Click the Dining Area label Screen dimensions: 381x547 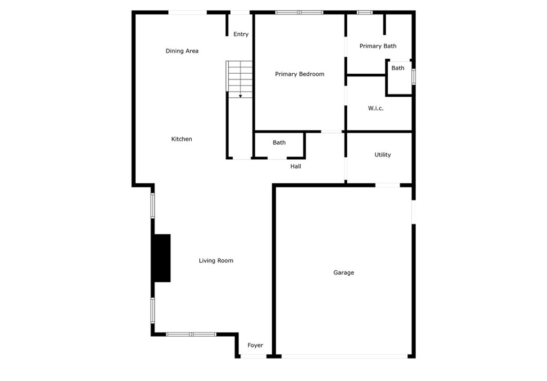pos(182,51)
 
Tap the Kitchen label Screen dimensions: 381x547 pos(182,139)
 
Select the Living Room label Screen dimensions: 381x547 pos(216,261)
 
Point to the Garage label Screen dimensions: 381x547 pos(343,273)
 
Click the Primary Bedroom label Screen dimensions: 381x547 pos(299,74)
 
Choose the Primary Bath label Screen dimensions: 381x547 pos(378,46)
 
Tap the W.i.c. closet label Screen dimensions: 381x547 pos(376,108)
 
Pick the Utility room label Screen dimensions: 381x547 pos(382,155)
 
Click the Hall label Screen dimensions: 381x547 pos(295,167)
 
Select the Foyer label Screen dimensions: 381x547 pos(255,346)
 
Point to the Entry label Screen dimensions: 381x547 pos(241,34)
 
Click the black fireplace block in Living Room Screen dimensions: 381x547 pos(162,258)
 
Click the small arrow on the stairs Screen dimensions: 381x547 pos(240,96)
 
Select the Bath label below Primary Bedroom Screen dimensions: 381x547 pos(279,143)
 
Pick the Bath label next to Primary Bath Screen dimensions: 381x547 pos(398,68)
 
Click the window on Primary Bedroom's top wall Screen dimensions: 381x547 pos(299,12)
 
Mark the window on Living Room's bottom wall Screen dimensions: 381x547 pos(191,335)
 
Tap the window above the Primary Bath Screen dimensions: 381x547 pos(365,12)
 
